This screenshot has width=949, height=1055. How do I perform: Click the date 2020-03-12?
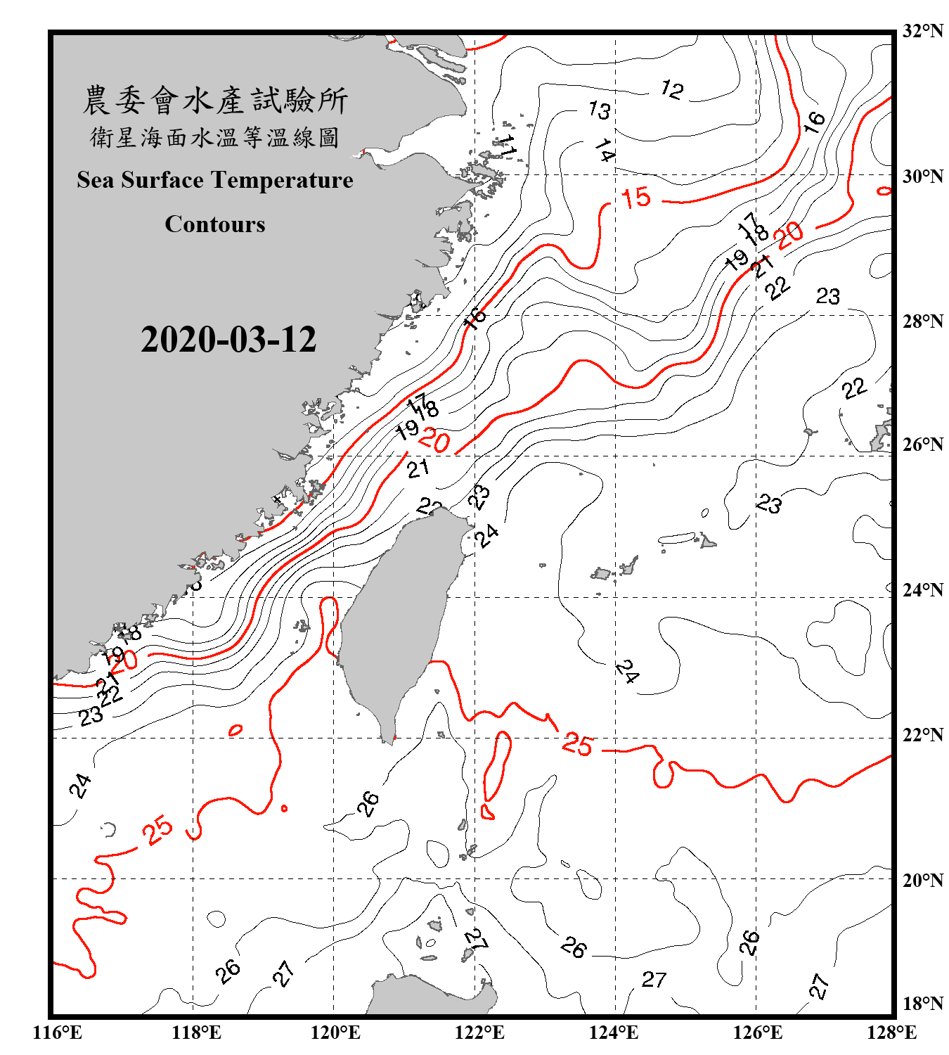pyautogui.click(x=228, y=340)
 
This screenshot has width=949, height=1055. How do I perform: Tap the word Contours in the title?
pyautogui.click(x=215, y=224)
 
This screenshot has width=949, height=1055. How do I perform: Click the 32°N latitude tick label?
pyautogui.click(x=923, y=31)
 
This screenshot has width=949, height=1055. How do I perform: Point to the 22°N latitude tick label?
pyautogui.click(x=923, y=735)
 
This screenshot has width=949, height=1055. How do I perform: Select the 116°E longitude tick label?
pyautogui.click(x=58, y=1032)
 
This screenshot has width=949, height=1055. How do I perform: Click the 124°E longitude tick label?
pyautogui.click(x=614, y=1032)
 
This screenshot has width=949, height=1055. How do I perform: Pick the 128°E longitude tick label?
pyautogui.click(x=891, y=1032)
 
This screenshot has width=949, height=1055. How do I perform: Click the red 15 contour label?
pyautogui.click(x=635, y=198)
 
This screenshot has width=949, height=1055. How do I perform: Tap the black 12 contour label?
pyautogui.click(x=671, y=89)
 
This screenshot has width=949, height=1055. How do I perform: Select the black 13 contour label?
pyautogui.click(x=599, y=110)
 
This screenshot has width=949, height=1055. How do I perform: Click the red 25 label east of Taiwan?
pyautogui.click(x=578, y=744)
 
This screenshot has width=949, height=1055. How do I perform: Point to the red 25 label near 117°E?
pyautogui.click(x=157, y=830)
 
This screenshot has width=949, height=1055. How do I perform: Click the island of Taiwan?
pyautogui.click(x=397, y=619)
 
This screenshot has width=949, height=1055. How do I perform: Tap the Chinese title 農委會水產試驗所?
pyautogui.click(x=215, y=101)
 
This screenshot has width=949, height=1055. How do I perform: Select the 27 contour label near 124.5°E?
pyautogui.click(x=654, y=979)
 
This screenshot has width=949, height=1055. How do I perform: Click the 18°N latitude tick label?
pyautogui.click(x=923, y=1004)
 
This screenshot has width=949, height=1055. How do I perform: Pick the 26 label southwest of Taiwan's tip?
pyautogui.click(x=368, y=803)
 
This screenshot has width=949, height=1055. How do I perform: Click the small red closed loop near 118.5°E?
pyautogui.click(x=235, y=731)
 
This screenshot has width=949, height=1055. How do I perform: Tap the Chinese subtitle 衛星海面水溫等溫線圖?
pyautogui.click(x=215, y=137)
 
